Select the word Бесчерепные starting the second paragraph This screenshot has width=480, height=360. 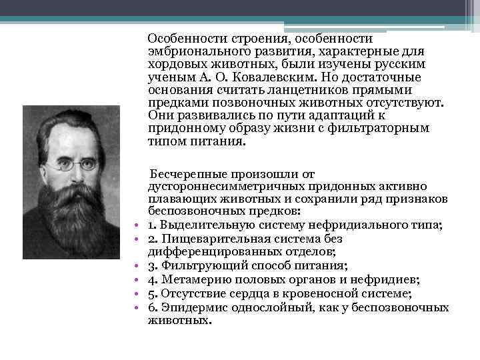click(184, 174)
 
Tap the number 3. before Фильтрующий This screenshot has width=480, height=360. click(153, 263)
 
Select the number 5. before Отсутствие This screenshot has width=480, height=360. click(153, 294)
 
